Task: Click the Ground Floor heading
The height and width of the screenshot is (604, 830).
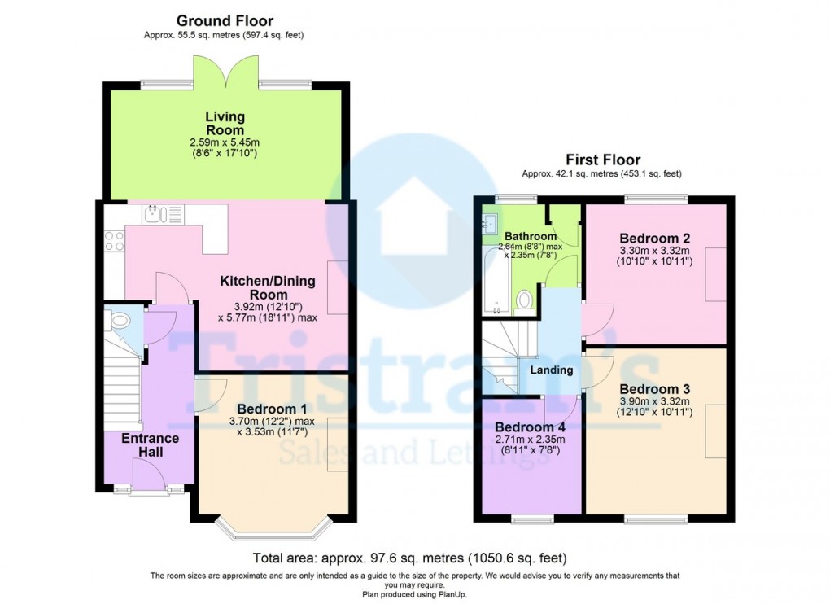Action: pyautogui.click(x=225, y=21)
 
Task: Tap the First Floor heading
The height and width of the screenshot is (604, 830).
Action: pyautogui.click(x=603, y=160)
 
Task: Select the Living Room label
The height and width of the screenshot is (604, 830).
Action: pyautogui.click(x=225, y=123)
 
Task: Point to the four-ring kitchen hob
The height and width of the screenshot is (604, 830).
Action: pyautogui.click(x=115, y=242)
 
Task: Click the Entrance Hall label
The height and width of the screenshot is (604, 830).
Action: pyautogui.click(x=151, y=445)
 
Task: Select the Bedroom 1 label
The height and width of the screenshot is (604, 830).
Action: pyautogui.click(x=272, y=409)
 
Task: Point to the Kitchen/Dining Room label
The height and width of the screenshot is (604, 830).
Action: pyautogui.click(x=268, y=287)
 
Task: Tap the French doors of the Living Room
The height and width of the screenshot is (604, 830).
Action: pyautogui.click(x=226, y=72)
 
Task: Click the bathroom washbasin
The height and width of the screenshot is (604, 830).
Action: pyautogui.click(x=490, y=223)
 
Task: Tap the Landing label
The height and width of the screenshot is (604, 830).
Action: pyautogui.click(x=552, y=370)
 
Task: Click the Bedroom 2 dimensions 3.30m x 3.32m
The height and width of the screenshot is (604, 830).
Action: pyautogui.click(x=655, y=251)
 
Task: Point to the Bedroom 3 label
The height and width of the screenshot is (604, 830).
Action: pyautogui.click(x=655, y=389)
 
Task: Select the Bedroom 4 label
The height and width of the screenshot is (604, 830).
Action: pyautogui.click(x=530, y=427)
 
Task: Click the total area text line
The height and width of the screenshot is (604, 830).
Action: pyautogui.click(x=409, y=558)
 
